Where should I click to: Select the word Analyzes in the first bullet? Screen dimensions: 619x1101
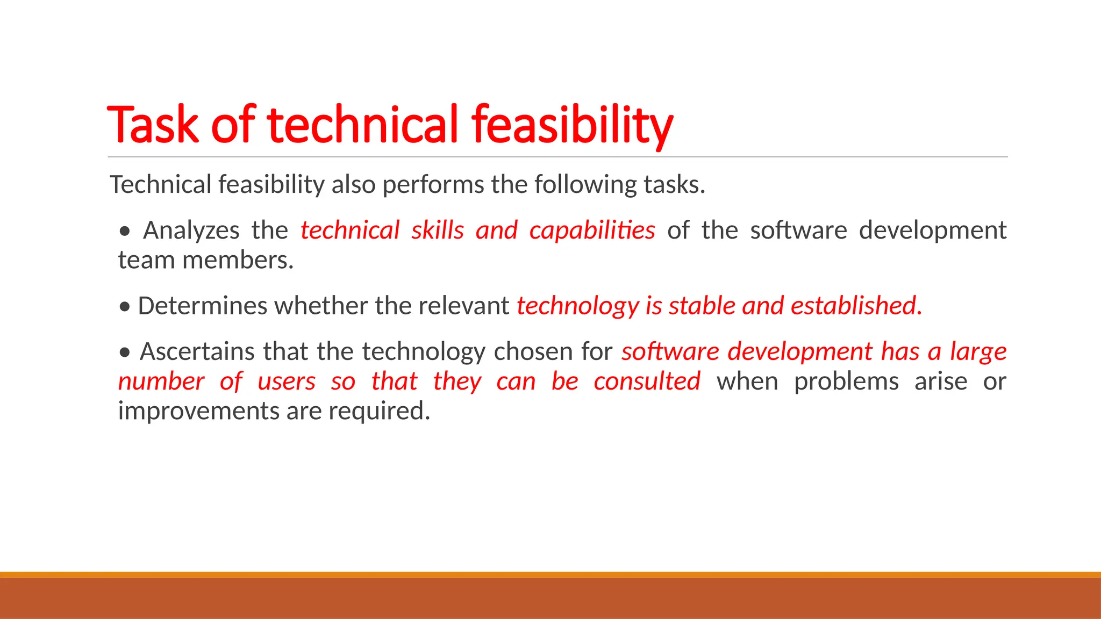click(191, 231)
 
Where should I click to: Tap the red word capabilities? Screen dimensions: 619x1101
click(592, 231)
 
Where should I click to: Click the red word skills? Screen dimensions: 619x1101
click(438, 231)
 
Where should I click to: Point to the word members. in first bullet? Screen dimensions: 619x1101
click(238, 261)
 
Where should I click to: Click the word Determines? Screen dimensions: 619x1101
click(203, 306)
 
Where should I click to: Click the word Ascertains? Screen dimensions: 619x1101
click(197, 352)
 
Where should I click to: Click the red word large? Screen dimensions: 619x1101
click(978, 352)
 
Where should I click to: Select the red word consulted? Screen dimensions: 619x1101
click(647, 382)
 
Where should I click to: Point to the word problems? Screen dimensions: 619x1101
click(846, 382)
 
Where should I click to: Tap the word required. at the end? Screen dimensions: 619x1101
click(379, 412)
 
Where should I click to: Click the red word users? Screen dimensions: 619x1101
click(287, 382)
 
